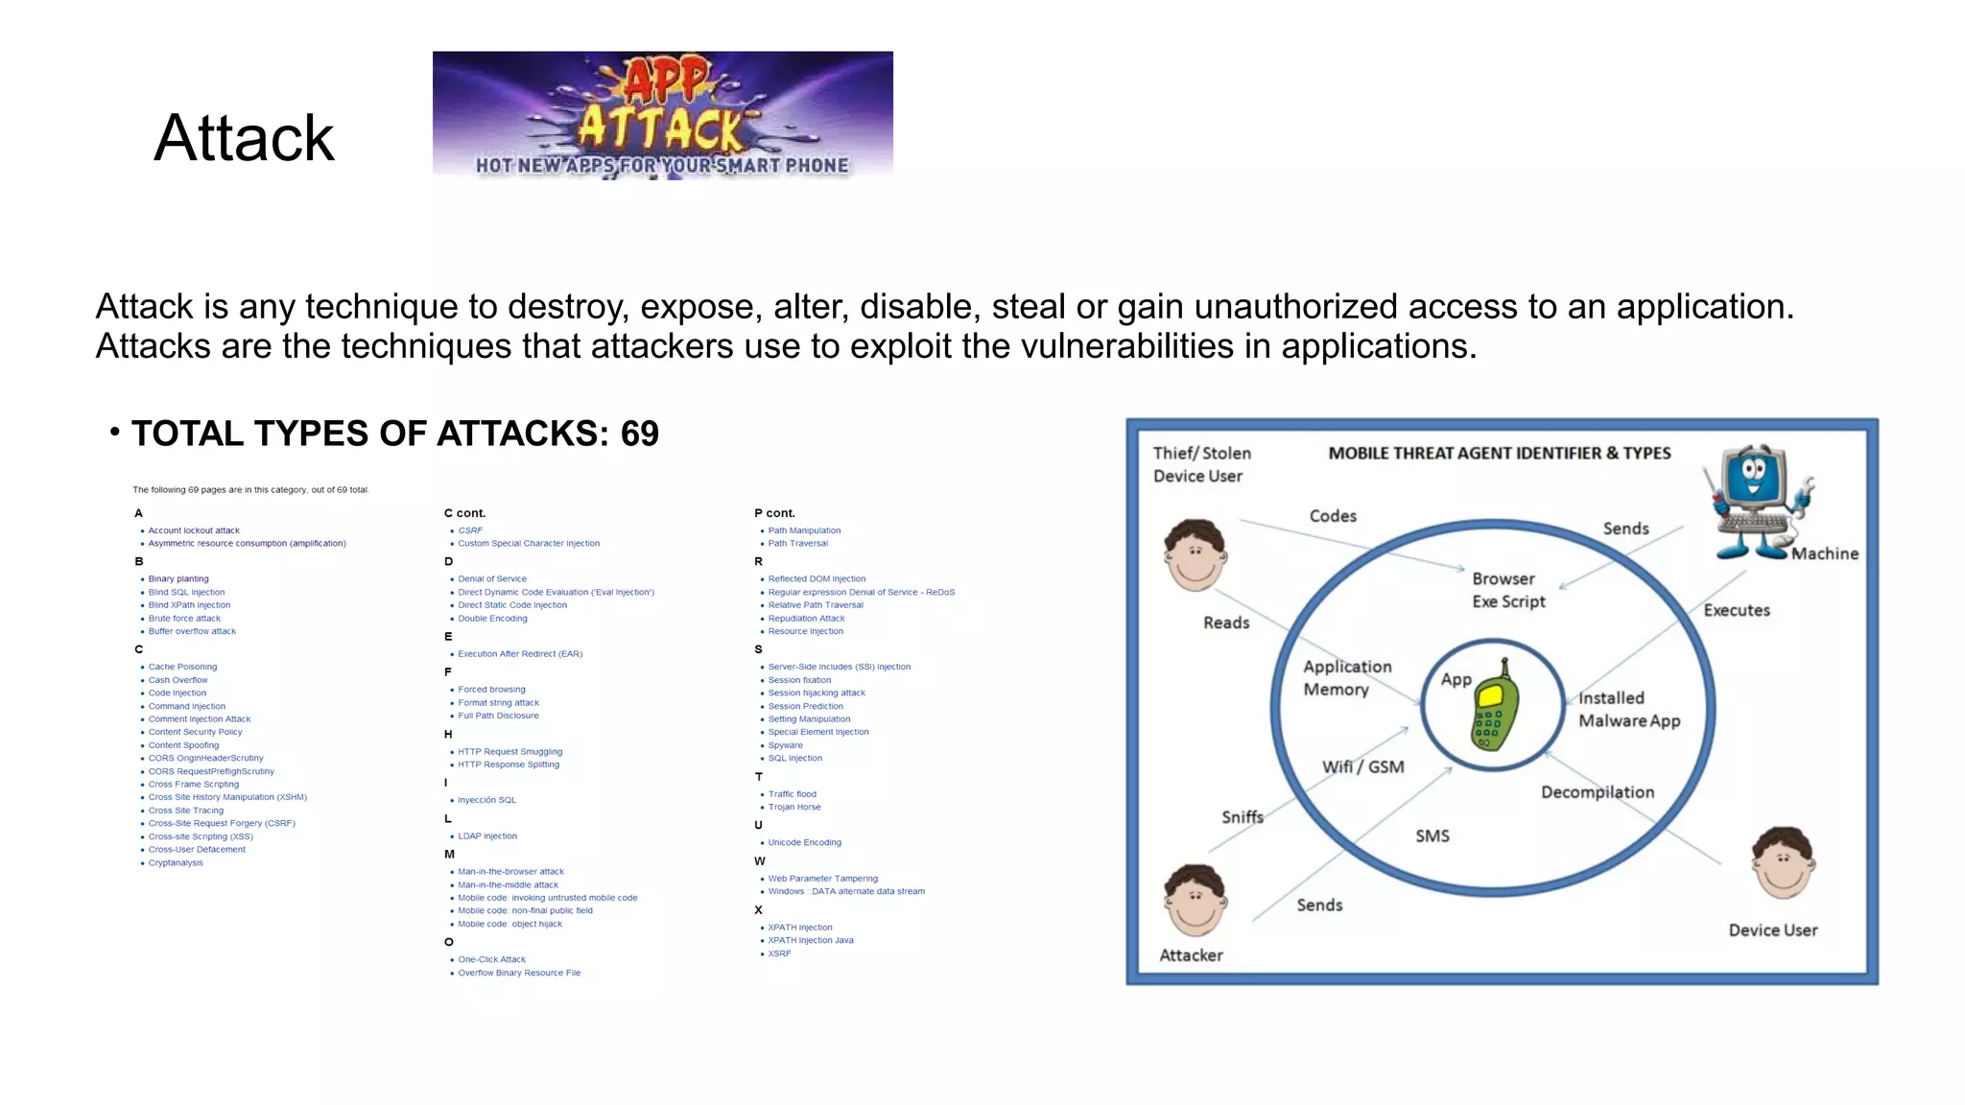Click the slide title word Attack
[244, 138]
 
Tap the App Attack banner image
[662, 115]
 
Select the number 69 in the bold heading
[639, 434]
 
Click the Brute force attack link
[184, 619]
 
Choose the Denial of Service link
[492, 579]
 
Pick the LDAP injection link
[487, 836]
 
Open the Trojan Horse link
[794, 808]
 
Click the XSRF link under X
[779, 954]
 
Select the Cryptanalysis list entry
[176, 863]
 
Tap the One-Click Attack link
[491, 960]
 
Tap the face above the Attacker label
[1195, 902]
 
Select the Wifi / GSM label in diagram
[1362, 767]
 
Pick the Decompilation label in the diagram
[1598, 792]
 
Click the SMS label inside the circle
[1432, 836]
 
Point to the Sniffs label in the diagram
[1243, 817]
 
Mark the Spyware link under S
[786, 745]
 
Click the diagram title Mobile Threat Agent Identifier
[1499, 454]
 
